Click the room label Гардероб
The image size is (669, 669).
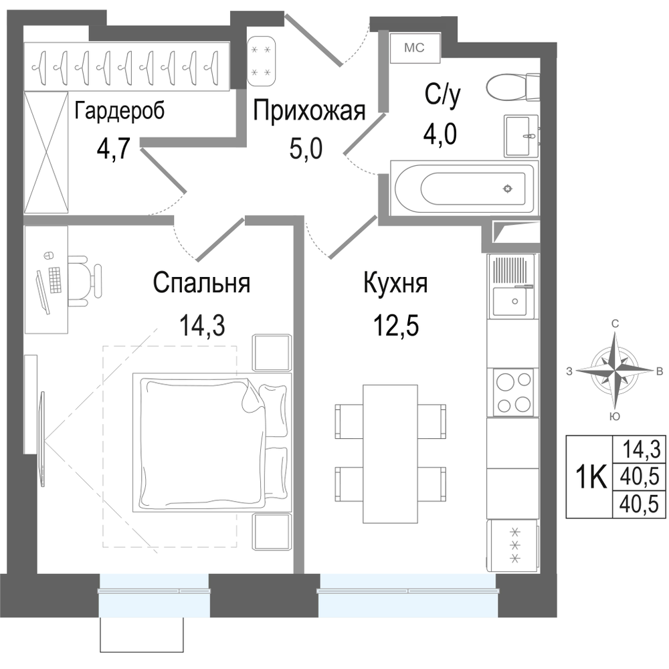120,112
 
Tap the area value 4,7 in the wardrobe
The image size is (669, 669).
112,149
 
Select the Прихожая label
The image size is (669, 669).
309,112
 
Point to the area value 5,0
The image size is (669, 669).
306,149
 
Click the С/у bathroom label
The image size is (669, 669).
442,96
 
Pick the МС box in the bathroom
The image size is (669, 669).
415,47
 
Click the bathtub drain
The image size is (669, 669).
507,188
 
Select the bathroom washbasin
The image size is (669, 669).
521,136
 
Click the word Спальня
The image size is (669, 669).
201,283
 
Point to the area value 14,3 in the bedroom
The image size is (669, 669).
201,325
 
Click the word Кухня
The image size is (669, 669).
395,283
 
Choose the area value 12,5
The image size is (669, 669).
395,325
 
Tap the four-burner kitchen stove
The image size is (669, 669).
512,391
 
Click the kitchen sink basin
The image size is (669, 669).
514,302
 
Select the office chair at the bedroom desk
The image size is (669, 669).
86,281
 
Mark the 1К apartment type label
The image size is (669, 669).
590,476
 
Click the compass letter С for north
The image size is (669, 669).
615,324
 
